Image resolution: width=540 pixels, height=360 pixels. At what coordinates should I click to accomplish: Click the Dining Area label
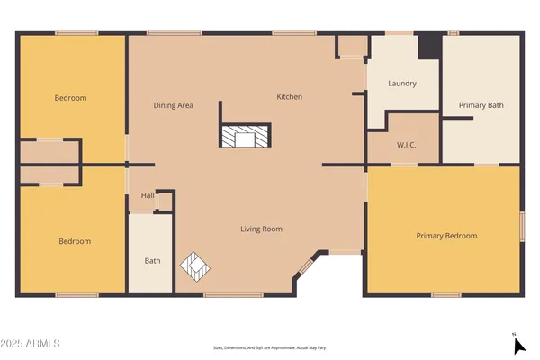point(174,105)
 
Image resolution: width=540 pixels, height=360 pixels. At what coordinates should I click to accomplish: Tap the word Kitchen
point(289,97)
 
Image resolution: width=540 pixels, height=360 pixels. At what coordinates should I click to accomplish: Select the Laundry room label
point(402,84)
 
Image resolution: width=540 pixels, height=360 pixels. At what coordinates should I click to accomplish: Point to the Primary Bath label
point(481,105)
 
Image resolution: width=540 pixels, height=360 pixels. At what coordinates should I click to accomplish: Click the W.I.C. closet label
point(406,145)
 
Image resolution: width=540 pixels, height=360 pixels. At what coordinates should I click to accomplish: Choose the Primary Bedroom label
point(446,236)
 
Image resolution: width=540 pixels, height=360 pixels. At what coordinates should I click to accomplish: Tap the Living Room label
point(261,229)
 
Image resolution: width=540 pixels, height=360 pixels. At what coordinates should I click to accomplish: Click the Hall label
point(147,196)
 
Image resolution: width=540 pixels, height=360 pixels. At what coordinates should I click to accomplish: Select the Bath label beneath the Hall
point(152,261)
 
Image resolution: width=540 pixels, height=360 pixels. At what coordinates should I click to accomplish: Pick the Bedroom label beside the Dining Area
point(70,98)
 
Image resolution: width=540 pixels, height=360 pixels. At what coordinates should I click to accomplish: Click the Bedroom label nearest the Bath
point(75,241)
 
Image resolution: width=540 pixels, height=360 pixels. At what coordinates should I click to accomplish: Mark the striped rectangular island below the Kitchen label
point(244,136)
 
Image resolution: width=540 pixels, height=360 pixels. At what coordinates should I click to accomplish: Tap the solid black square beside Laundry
point(429,46)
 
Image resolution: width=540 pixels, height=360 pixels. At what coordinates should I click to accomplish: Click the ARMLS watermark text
point(31,344)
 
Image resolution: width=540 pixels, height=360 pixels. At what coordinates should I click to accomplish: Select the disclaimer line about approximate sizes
point(269,346)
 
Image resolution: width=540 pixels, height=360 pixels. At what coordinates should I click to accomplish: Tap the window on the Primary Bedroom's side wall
point(521,225)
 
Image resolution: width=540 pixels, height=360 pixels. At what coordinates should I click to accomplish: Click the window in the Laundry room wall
point(400,34)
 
